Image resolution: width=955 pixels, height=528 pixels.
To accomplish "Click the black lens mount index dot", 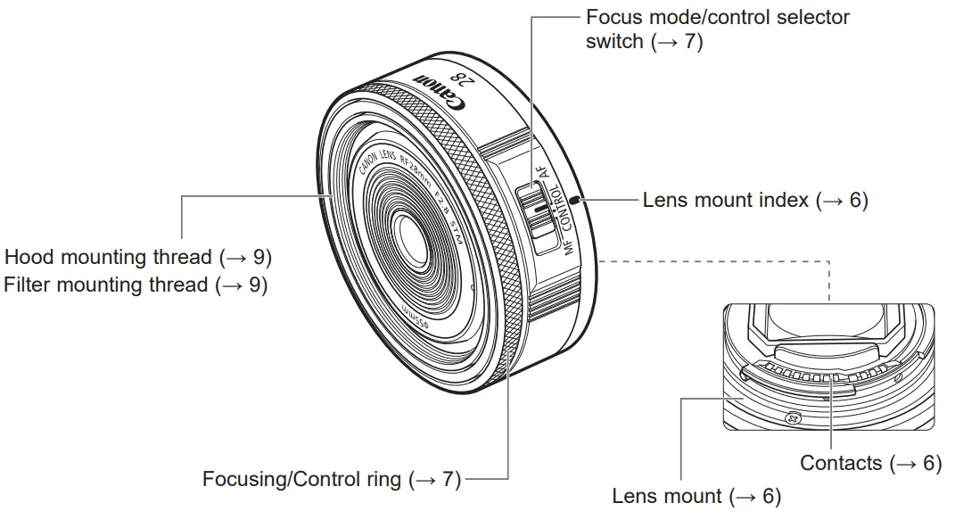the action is coord(574,201).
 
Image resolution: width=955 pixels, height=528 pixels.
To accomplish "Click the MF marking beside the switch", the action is coord(569,246).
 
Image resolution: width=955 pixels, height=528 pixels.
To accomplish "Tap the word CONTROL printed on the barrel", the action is coord(562,208).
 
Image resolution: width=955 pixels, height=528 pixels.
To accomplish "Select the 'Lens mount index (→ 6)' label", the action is coord(755,200).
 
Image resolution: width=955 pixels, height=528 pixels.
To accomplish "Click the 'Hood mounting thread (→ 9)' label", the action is coord(138,257).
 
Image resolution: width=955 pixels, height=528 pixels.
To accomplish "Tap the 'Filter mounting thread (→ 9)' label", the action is coord(136,285).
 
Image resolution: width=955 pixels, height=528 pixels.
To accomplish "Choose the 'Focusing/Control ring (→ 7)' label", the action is coord(332,479).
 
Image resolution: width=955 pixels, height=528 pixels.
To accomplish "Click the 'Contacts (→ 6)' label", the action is coord(871,463).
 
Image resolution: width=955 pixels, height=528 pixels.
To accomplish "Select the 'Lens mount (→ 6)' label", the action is coord(696,496).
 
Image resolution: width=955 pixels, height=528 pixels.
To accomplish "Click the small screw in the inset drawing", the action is coord(792,418).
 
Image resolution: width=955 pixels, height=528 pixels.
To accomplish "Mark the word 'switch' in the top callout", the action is coord(614,41).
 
